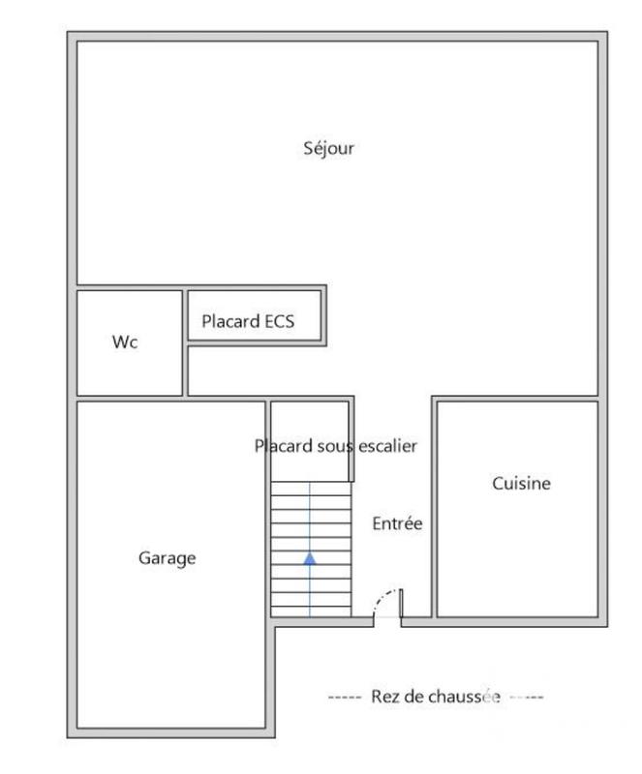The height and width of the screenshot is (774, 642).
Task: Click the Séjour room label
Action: click(x=329, y=149)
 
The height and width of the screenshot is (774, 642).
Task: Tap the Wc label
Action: click(x=125, y=342)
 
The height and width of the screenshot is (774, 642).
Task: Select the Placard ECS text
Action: click(x=248, y=321)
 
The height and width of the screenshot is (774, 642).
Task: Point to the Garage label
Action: click(x=167, y=558)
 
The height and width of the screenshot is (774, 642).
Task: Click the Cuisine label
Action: click(x=521, y=484)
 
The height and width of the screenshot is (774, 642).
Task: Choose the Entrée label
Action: click(x=397, y=523)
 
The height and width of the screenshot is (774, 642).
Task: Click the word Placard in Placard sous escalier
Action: click(x=282, y=446)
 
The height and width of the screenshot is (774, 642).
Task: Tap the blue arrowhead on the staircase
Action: click(x=310, y=557)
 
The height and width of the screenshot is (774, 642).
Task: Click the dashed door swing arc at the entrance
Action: click(x=384, y=596)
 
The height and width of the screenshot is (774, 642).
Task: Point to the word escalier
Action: click(x=386, y=446)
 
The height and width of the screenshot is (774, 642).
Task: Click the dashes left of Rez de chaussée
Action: click(x=344, y=697)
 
